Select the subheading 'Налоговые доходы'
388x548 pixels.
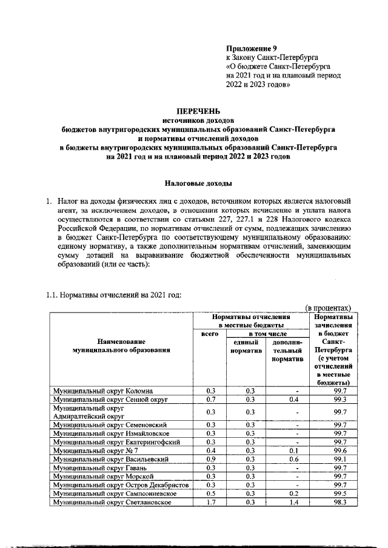pos(198,182)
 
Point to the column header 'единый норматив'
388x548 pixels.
pos(246,347)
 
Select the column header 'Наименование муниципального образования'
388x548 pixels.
pos(119,346)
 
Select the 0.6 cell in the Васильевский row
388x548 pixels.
pos(287,459)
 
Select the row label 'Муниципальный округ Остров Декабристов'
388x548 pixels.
pos(121,485)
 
